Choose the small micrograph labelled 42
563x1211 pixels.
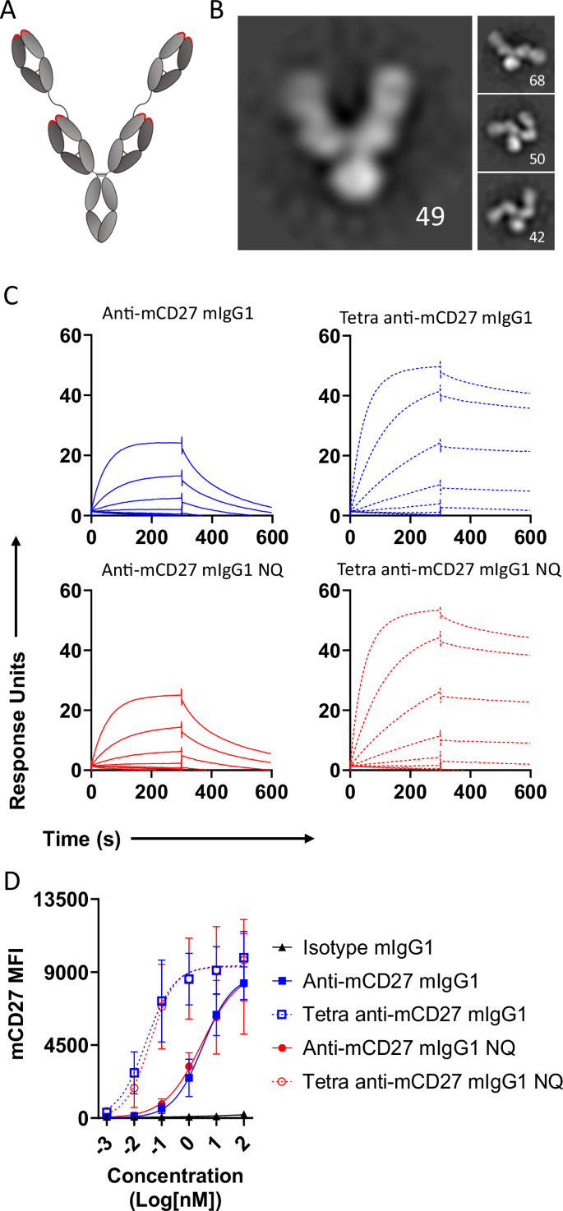click(x=517, y=211)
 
